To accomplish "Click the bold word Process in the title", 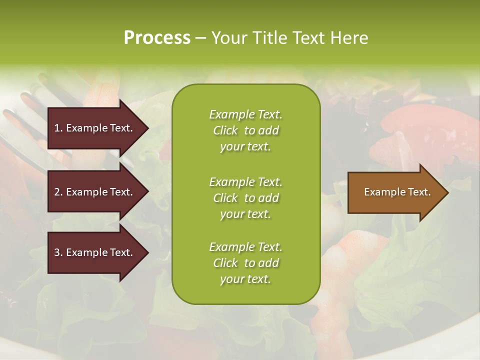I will (157, 38).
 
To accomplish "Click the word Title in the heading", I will (269, 38).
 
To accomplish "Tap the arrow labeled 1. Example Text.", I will (93, 128).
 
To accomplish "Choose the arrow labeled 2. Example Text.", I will (93, 192).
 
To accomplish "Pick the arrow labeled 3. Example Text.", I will (93, 252).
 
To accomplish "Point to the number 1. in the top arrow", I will (58, 128).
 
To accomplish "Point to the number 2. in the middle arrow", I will (58, 192).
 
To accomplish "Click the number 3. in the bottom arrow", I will (58, 252).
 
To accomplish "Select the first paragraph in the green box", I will (245, 130).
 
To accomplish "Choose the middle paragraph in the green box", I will (245, 198).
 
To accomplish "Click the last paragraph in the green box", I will (245, 263).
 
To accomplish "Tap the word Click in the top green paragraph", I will (225, 130).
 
